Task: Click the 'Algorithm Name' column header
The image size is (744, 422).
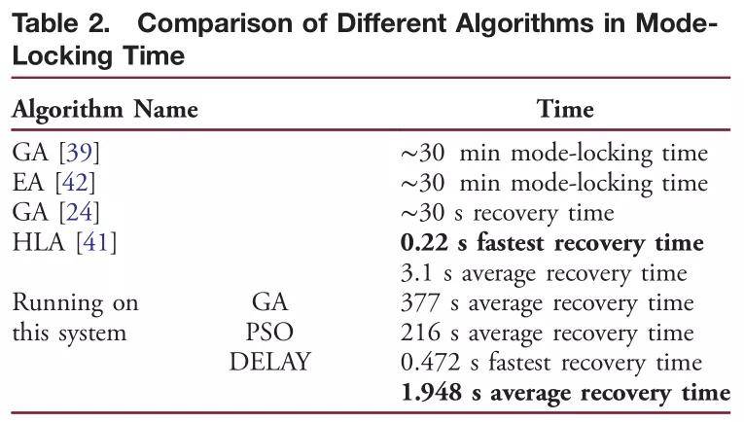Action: [x=105, y=110]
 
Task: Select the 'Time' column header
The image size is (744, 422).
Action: [x=565, y=109]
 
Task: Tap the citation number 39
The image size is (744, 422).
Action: [x=79, y=153]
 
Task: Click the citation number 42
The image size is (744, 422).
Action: [x=75, y=182]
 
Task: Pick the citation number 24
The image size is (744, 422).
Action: [x=79, y=212]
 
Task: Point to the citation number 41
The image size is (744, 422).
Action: [x=96, y=242]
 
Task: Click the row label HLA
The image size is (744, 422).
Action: [x=39, y=242]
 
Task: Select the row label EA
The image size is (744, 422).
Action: [x=28, y=182]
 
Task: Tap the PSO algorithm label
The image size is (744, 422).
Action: [x=269, y=332]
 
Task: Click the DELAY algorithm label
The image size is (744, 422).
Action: [x=270, y=362]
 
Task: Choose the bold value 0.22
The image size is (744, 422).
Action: [x=424, y=243]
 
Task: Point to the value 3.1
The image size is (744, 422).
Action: [x=416, y=273]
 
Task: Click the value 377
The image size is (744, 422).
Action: [x=420, y=302]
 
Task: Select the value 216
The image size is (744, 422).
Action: [x=420, y=333]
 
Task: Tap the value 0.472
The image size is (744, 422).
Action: [x=431, y=363]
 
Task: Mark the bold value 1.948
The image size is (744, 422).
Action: [x=431, y=393]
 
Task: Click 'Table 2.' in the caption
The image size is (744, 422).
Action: [x=60, y=23]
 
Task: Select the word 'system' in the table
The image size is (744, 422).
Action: [x=92, y=334]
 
